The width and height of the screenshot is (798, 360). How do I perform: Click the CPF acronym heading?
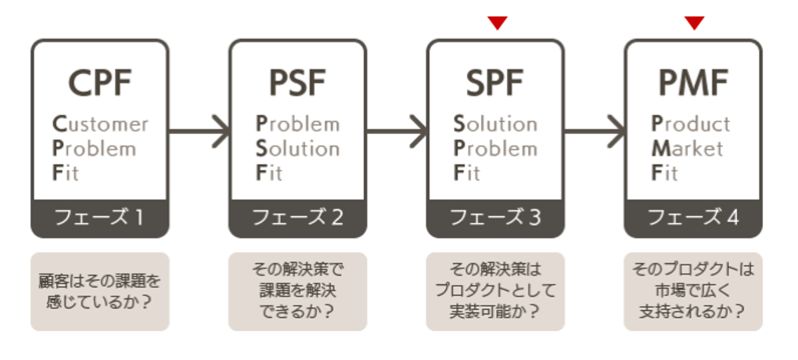[x=99, y=81]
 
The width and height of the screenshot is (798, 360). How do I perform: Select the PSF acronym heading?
[x=297, y=81]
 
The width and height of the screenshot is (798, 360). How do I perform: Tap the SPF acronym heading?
[x=494, y=81]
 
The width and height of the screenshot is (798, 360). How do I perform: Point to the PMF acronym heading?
[x=692, y=81]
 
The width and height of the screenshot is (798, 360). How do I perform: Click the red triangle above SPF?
[x=498, y=23]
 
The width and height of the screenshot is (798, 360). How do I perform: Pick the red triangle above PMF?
[x=695, y=23]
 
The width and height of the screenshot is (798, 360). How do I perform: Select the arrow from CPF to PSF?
[x=199, y=130]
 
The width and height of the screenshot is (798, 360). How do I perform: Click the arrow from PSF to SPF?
[x=396, y=130]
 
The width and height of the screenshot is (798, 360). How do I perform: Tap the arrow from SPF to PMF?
[x=594, y=130]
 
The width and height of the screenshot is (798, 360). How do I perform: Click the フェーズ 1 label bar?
[x=99, y=218]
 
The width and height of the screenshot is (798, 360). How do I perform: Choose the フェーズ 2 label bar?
[x=297, y=218]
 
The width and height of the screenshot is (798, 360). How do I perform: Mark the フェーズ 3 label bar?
[x=494, y=218]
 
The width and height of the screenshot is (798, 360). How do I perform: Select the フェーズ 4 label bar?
[x=692, y=218]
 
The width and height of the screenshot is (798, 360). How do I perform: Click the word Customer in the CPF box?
[x=99, y=124]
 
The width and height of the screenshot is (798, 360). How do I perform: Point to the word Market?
[x=688, y=149]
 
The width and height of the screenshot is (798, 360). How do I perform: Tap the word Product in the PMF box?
[x=691, y=124]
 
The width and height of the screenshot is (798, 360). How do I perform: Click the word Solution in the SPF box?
[x=495, y=124]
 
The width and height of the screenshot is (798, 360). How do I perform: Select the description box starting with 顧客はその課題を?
[x=99, y=290]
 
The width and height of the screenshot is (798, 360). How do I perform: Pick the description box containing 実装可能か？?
[x=494, y=290]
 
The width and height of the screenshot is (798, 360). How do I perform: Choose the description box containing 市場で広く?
[x=692, y=290]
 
